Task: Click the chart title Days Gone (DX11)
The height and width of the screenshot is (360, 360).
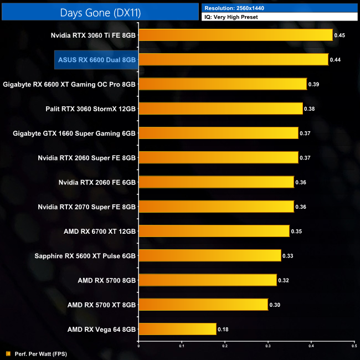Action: [100, 12]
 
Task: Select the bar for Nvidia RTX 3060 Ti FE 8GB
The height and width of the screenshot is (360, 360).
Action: [235, 35]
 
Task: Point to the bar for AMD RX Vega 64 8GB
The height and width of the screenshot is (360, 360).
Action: [177, 329]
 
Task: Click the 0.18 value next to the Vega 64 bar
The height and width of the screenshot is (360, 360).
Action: [223, 329]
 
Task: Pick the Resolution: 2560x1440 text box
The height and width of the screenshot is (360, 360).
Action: [280, 8]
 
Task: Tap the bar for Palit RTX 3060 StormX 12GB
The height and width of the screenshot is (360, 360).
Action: [220, 109]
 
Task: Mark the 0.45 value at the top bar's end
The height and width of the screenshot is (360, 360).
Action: [340, 35]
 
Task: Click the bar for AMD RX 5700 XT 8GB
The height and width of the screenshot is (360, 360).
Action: [203, 305]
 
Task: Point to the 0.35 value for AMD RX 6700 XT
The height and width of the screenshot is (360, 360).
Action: [297, 231]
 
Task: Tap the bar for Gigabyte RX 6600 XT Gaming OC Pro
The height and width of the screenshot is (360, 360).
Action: [223, 84]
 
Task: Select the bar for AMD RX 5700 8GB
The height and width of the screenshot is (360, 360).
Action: [208, 280]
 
